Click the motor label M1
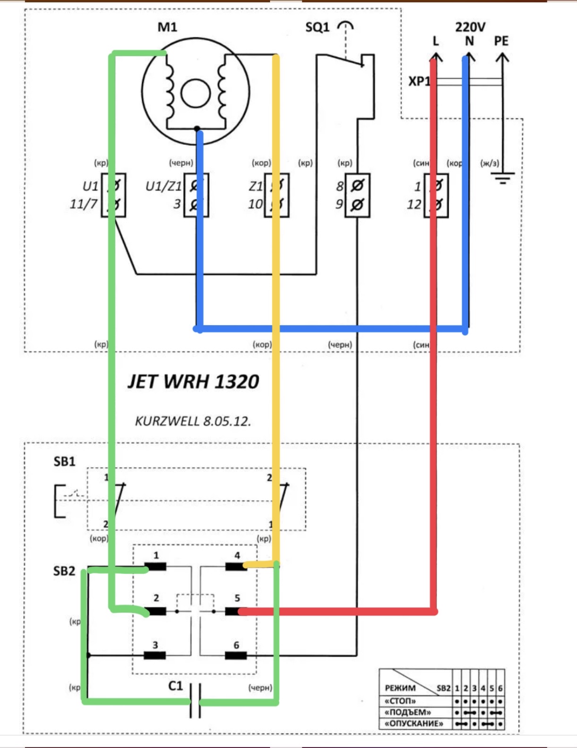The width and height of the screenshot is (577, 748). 168,27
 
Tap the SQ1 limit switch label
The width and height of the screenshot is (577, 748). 317,27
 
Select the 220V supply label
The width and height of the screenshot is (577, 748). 470,27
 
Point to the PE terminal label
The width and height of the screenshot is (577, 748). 501,41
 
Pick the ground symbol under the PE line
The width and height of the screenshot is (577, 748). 502,178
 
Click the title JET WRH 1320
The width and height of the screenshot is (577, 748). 193,381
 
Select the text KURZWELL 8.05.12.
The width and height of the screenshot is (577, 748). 193,421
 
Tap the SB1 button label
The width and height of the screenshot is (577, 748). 64,461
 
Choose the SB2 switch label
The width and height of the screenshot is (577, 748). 64,571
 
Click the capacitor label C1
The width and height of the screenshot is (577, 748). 175,686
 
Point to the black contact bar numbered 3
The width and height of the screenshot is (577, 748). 154,655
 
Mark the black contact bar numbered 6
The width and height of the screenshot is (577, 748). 236,655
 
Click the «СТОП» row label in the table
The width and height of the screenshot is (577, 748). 400,701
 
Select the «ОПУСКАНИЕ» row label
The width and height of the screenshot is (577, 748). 414,723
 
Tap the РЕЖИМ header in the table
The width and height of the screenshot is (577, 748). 400,688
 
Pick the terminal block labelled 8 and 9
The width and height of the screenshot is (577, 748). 357,195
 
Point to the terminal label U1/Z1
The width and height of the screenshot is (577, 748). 163,186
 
